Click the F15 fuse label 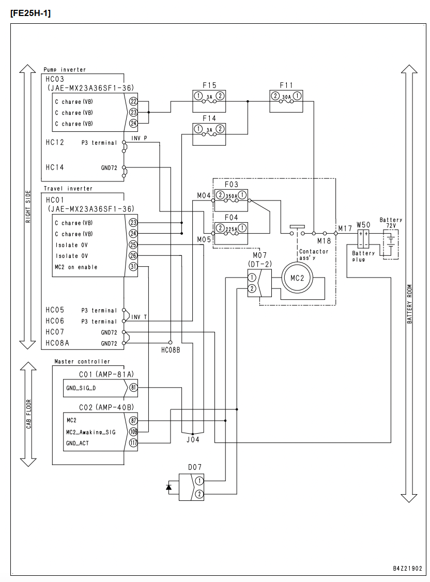(209, 85)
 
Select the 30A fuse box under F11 (286, 101)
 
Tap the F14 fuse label (209, 118)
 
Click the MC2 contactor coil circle (297, 278)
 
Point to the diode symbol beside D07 (169, 487)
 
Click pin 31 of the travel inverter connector (133, 267)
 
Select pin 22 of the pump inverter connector (133, 101)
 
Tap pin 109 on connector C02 (133, 432)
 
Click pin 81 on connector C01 (133, 388)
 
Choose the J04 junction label (193, 439)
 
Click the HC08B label (171, 350)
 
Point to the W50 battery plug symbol (363, 239)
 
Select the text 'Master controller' (82, 361)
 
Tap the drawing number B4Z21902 (407, 568)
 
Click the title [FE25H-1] (31, 13)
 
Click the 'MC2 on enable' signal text (76, 267)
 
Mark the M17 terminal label (345, 228)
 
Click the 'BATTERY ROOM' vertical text (410, 304)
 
